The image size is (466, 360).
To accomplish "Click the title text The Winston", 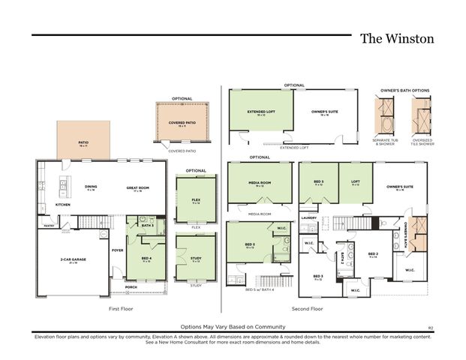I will pos(396,38).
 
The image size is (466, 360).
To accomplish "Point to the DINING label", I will pos(91,187).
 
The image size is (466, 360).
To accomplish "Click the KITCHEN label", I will pos(63,204).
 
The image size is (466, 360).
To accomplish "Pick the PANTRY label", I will pos(49,224).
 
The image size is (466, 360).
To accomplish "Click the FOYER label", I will pos(117,250).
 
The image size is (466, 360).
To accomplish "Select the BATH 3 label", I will pos(149,225).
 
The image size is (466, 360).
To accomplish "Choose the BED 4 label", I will pos(146,258).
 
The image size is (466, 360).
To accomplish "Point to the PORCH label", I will pos(131,286).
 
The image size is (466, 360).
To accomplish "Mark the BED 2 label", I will pos(372,254).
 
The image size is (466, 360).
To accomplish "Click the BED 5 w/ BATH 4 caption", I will pos(260,289).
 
